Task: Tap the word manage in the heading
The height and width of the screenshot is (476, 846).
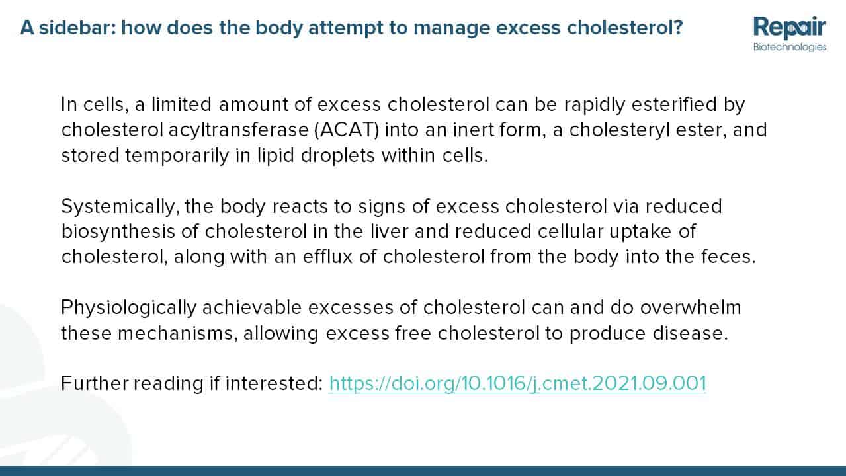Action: (452, 28)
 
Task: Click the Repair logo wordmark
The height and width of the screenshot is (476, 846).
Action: (790, 27)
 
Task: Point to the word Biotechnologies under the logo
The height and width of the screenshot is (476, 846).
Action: (790, 47)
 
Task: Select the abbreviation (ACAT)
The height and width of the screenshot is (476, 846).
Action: (347, 130)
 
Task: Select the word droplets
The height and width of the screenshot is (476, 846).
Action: (337, 155)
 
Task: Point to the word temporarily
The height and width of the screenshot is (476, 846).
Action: (177, 155)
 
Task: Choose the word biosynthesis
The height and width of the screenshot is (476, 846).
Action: (118, 231)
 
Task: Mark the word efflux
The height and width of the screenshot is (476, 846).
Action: (327, 257)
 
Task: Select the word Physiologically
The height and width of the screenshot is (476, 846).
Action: (129, 307)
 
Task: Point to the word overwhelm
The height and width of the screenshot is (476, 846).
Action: (691, 307)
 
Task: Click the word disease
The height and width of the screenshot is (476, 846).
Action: (690, 333)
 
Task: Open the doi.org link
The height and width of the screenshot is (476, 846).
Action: (518, 383)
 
